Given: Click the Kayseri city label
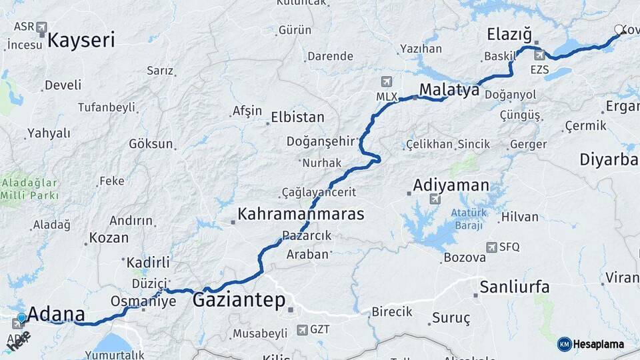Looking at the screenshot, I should click(x=81, y=40).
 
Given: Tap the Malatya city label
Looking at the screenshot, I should click(x=449, y=90).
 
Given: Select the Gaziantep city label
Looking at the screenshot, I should click(x=239, y=300).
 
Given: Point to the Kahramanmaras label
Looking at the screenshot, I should click(x=301, y=214).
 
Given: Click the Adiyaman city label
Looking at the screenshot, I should click(x=451, y=185).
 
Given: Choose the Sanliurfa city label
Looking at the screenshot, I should click(x=515, y=287).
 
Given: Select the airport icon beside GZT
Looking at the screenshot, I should click(x=303, y=329).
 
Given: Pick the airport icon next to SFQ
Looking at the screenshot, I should click(x=491, y=247).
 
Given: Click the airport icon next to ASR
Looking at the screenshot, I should click(x=43, y=27).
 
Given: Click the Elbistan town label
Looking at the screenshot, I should click(x=297, y=117).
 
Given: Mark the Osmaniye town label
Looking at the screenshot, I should click(x=153, y=301).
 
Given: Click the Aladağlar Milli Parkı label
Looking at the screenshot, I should click(x=29, y=189).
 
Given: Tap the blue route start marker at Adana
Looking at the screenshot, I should click(x=22, y=318).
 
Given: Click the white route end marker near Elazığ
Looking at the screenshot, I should click(x=619, y=30).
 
